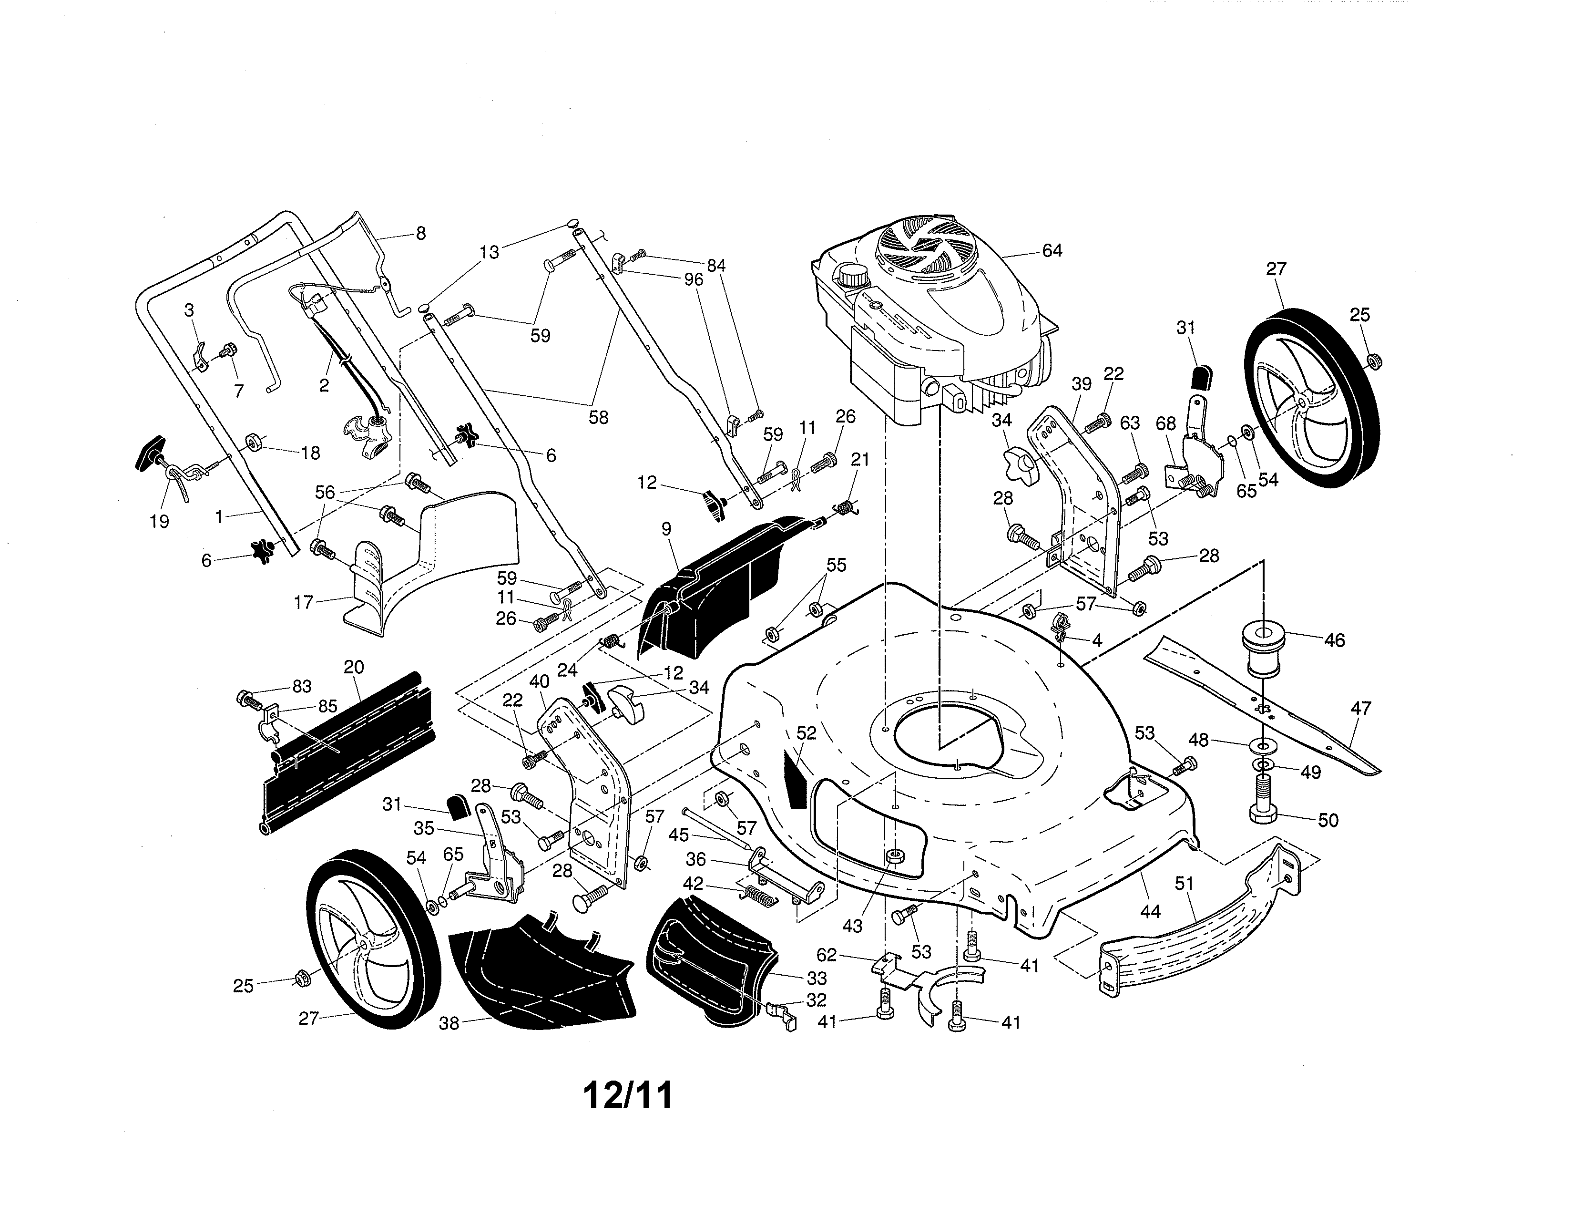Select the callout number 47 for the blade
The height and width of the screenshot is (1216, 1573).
(x=1360, y=708)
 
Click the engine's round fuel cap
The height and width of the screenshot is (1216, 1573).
(x=852, y=275)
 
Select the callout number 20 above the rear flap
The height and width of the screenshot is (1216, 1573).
(x=354, y=667)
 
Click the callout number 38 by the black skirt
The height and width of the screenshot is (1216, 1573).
(x=449, y=1023)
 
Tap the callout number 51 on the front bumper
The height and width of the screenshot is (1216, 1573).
(x=1184, y=884)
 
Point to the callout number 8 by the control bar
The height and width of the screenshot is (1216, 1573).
(x=420, y=233)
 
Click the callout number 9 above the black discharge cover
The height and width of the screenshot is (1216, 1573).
(x=666, y=529)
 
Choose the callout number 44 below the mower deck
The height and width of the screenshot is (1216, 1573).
(x=1150, y=911)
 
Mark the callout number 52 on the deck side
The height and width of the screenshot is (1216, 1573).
(x=807, y=732)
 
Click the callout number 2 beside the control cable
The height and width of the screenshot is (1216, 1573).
(x=324, y=385)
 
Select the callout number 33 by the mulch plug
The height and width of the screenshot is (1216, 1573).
(x=817, y=978)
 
